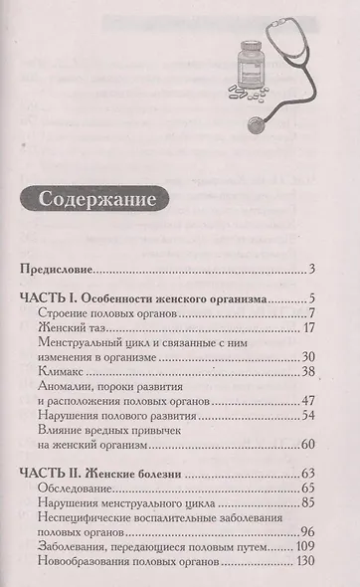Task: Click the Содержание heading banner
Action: click(x=97, y=198)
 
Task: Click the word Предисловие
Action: click(x=61, y=269)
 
